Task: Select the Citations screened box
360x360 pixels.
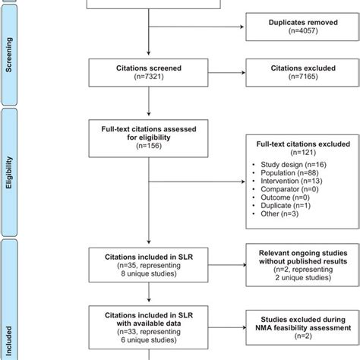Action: coord(147,73)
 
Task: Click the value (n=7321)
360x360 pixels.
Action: coord(147,78)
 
